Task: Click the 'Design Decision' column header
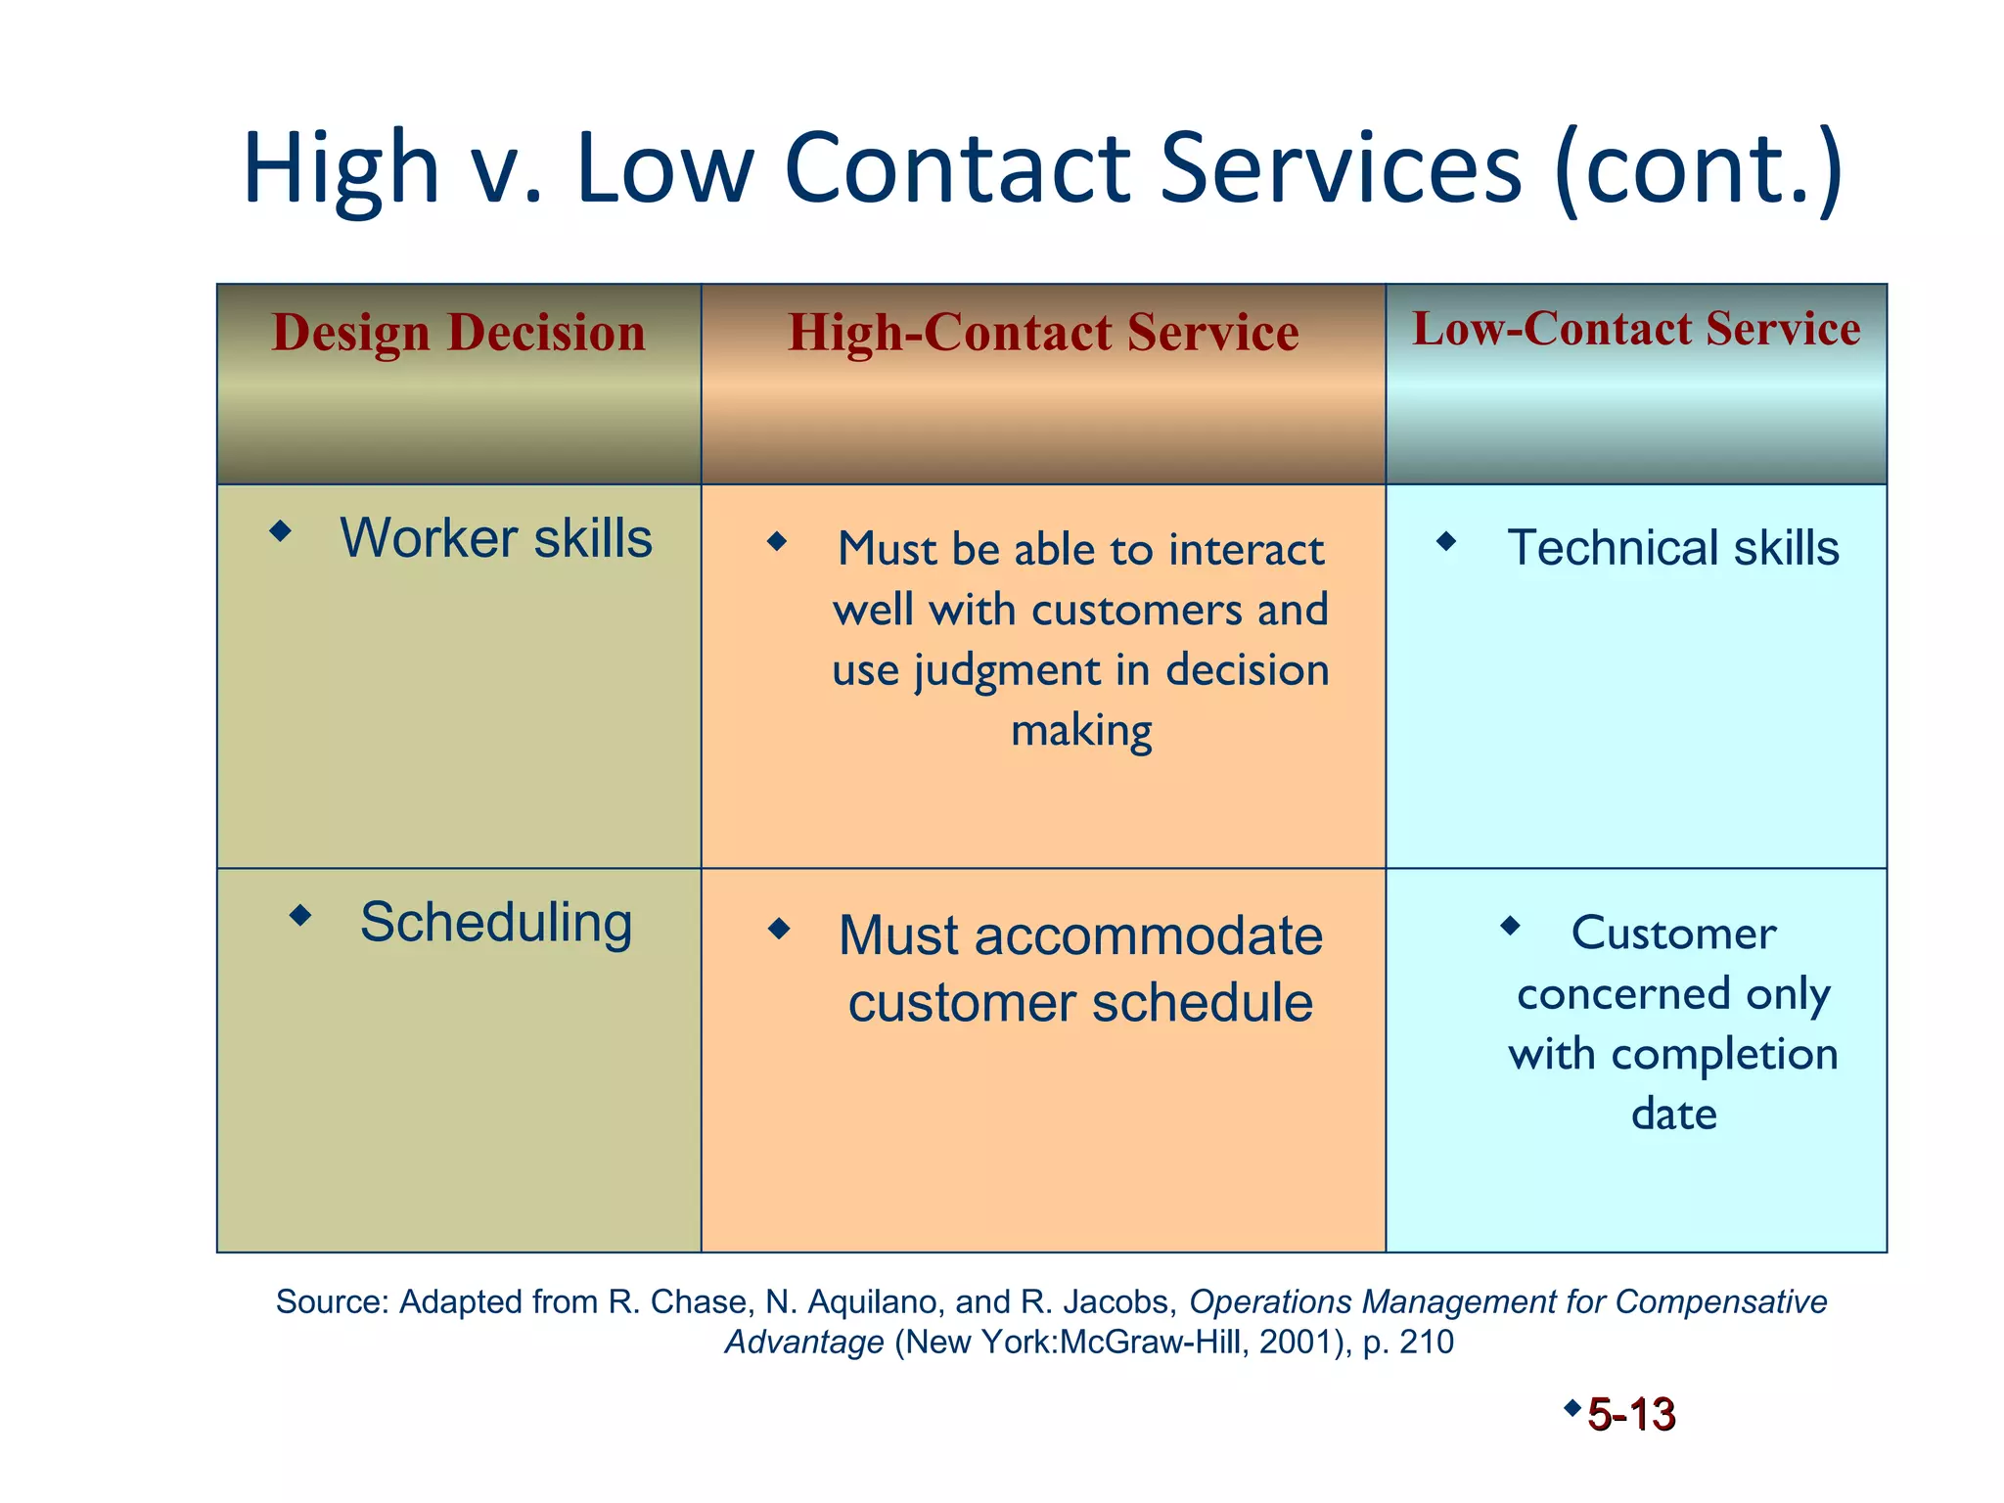458,333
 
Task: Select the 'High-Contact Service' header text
1043,333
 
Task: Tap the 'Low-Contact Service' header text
1636,329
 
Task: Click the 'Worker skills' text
495,538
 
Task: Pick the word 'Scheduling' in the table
496,923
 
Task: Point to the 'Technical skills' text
1673,548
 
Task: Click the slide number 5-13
1631,1415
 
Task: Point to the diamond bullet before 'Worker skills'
281,531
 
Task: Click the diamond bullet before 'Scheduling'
300,916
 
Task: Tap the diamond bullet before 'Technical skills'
1446,541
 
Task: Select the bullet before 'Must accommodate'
779,928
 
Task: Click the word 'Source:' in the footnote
333,1302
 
